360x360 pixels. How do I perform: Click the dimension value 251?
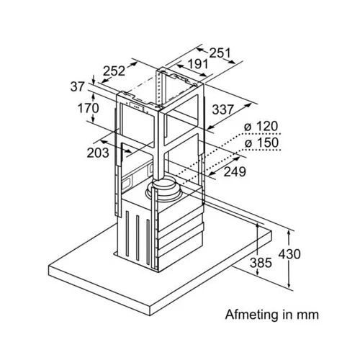pos(220,53)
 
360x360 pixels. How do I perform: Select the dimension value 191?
pos(198,64)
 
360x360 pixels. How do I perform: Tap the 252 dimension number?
pos(114,71)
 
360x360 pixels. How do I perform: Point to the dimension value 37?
pos(78,86)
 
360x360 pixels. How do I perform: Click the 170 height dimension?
pos(88,108)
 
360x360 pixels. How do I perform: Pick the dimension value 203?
pos(98,153)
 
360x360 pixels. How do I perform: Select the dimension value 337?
pos(223,109)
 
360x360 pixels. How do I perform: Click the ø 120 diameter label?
pos(261,126)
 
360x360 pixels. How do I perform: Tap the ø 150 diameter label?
pos(261,143)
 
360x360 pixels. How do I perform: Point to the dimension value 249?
pos(235,171)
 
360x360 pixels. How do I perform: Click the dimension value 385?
pos(261,263)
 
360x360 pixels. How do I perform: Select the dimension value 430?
pos(289,254)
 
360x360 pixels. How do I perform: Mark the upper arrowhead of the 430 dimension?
pos(289,233)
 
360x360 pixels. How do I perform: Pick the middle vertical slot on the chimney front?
pos(138,238)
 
